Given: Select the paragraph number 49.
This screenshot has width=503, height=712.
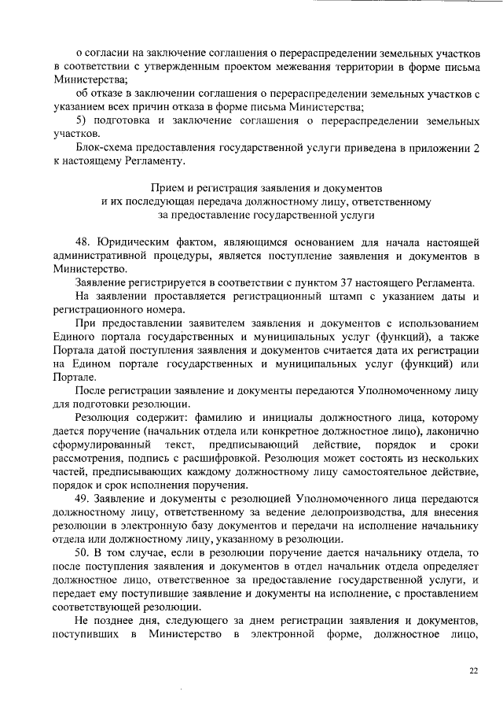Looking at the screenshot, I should point(83,500).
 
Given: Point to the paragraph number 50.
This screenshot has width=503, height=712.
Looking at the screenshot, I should point(83,554).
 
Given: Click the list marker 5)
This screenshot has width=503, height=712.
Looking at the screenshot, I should point(81,121).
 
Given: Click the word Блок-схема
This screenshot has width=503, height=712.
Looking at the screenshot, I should point(103,148).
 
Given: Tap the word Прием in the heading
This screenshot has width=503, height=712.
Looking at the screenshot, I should point(165,189).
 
